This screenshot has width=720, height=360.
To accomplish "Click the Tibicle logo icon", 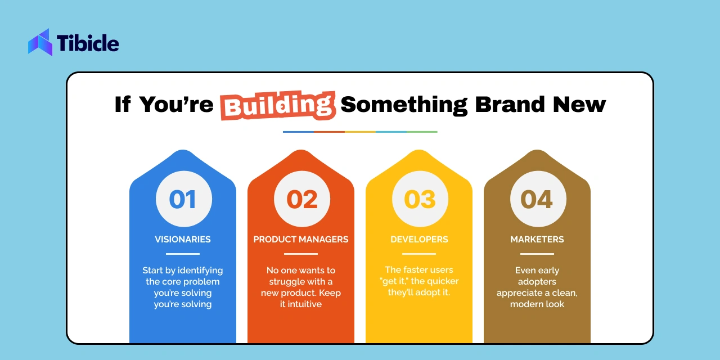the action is click(40, 42).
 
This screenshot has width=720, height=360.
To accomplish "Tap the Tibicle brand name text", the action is click(88, 43).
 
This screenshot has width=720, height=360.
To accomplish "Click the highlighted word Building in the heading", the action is click(278, 105).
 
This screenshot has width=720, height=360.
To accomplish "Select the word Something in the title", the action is click(404, 105).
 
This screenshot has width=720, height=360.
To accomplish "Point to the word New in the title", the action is click(579, 105).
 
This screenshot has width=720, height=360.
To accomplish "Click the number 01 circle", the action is click(184, 199).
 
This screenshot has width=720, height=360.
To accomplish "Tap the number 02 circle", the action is click(302, 199).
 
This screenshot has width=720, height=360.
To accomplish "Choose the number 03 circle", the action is click(420, 199).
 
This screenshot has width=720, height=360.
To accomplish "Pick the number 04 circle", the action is click(538, 199).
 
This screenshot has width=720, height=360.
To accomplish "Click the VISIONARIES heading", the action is click(183, 240).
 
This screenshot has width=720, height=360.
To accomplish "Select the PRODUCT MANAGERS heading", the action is click(301, 240).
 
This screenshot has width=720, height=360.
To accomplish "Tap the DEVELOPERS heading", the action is click(419, 240).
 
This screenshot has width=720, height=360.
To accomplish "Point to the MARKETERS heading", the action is click(537, 240).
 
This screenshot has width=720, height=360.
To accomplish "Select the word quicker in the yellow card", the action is click(443, 281).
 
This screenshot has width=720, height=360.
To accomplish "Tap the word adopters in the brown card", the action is click(537, 282).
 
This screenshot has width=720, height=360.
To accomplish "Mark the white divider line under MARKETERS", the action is click(537, 254).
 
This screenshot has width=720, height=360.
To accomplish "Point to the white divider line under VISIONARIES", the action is click(183, 254).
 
